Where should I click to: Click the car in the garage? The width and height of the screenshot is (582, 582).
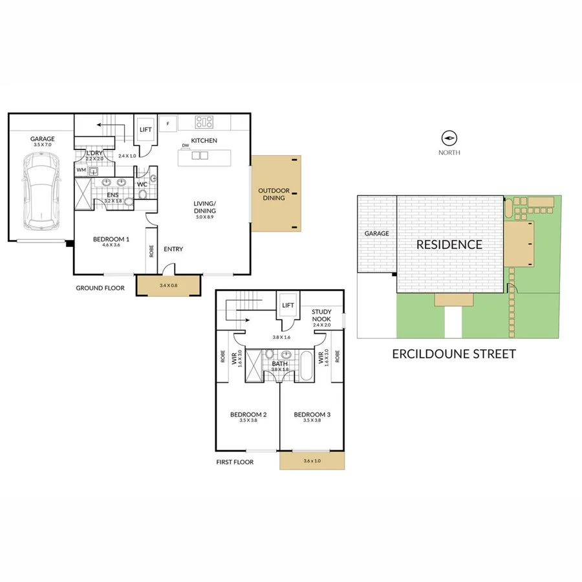point(41,191)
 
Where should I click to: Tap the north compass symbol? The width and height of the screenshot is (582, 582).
point(449,138)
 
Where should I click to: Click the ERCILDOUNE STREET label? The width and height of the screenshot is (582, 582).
point(454,354)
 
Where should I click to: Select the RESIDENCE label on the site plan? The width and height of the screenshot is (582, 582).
point(449,244)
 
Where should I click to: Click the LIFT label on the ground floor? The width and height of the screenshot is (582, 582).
point(146,130)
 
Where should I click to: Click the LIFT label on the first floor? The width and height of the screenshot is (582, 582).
point(288,305)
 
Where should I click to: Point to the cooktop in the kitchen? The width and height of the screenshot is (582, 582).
point(205,122)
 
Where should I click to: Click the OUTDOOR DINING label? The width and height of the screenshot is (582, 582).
point(274,194)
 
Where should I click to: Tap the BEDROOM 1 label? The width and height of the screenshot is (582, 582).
point(111,239)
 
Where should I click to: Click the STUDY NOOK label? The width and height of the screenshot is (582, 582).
point(321,316)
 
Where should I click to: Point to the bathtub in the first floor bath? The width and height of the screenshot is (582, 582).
point(306,366)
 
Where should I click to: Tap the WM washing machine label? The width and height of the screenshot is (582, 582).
point(81,170)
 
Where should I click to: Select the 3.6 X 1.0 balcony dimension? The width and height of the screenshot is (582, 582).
point(312,461)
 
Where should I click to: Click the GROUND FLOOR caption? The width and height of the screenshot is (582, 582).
point(100,288)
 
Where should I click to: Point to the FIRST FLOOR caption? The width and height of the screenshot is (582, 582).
point(235,462)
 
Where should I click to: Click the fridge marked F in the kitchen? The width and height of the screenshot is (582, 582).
point(168,123)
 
